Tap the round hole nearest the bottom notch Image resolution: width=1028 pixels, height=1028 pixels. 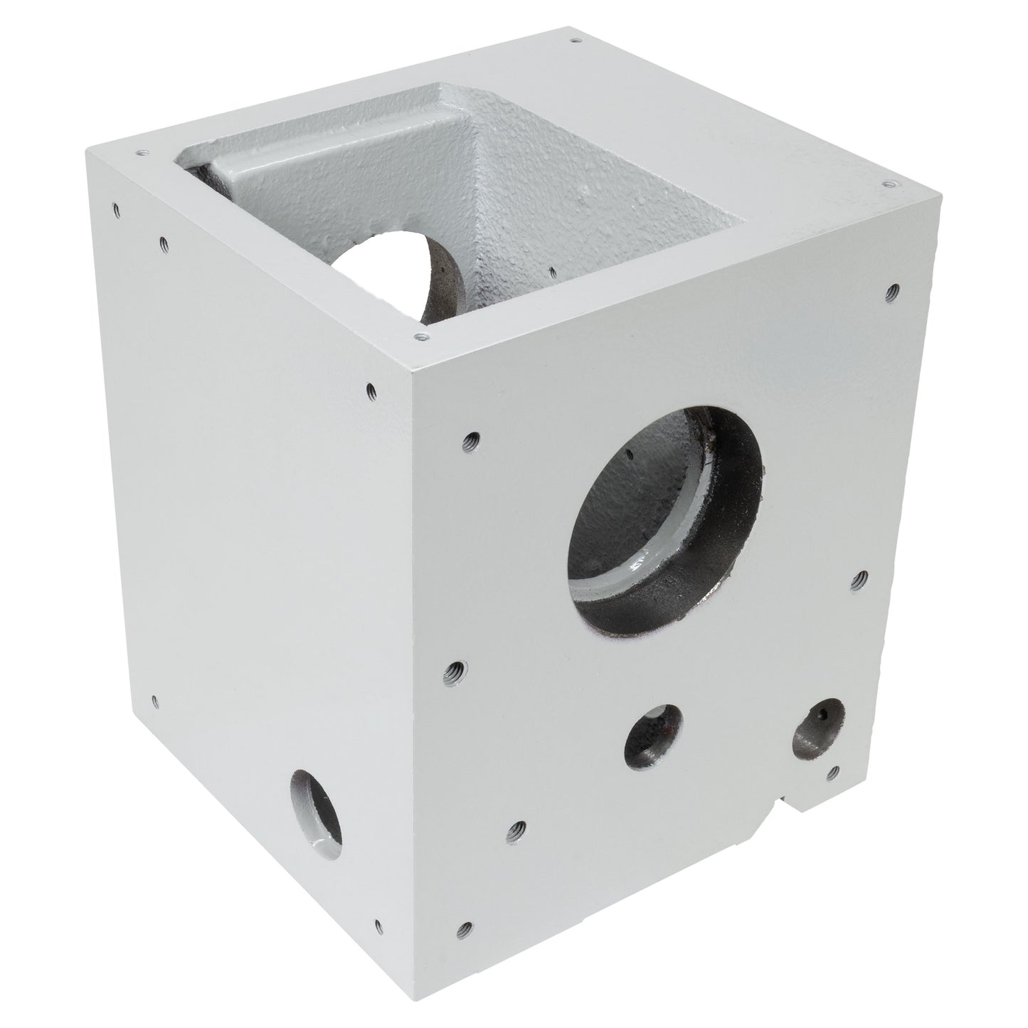point(819,726)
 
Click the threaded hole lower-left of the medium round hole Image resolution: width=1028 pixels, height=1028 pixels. point(518,828)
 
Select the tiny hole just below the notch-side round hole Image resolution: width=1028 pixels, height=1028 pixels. point(834,770)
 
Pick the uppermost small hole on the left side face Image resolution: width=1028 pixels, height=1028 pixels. point(116,208)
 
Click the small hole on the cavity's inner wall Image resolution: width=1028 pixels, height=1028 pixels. point(553,271)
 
